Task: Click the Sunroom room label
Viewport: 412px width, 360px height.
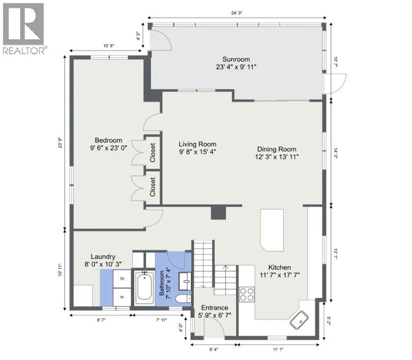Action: [x=236, y=60]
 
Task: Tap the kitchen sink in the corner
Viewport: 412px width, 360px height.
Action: [x=299, y=320]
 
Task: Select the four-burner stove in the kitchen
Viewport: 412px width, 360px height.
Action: [x=247, y=294]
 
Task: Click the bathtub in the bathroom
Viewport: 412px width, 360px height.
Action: [x=144, y=288]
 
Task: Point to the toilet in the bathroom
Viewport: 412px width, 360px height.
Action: [x=183, y=299]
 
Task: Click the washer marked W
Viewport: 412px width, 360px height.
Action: [x=122, y=297]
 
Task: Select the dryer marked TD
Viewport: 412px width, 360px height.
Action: [x=122, y=279]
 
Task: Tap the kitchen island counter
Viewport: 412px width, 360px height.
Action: [x=272, y=230]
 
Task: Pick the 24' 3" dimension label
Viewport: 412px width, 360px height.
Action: [x=237, y=13]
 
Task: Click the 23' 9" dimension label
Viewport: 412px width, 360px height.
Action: [x=60, y=142]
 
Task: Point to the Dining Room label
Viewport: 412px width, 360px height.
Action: [x=277, y=149]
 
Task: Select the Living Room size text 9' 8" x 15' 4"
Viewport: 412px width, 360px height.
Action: [x=198, y=151]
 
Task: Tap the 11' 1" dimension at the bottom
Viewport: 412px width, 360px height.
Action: [x=278, y=350]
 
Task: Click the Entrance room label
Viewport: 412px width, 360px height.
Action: [x=215, y=307]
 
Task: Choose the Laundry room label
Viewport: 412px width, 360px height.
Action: [x=103, y=257]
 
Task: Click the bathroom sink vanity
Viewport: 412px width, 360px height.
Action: [x=186, y=281]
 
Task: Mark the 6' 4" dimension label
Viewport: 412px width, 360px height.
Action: [x=214, y=350]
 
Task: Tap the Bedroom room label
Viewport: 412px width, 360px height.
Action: [x=109, y=140]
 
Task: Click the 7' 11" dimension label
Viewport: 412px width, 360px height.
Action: [x=162, y=320]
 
